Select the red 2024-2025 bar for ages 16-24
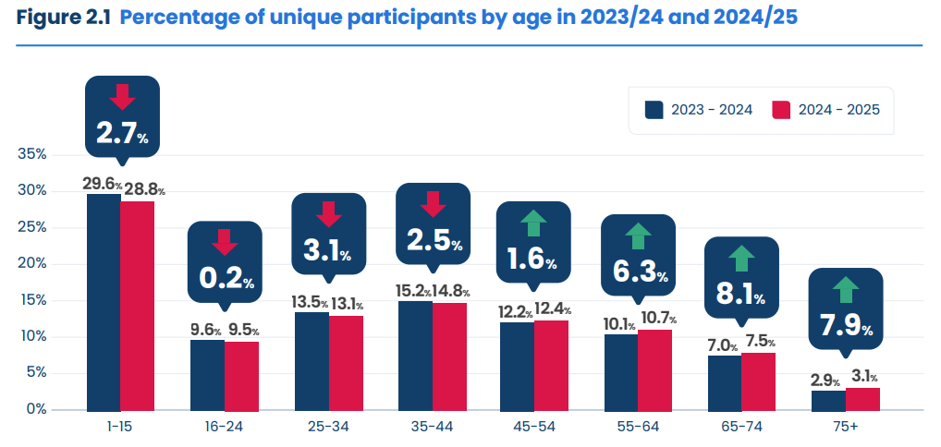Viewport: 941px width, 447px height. [241, 375]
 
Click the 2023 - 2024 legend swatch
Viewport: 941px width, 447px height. [655, 110]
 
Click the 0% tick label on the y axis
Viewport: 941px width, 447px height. [36, 409]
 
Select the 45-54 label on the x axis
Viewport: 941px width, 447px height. [534, 429]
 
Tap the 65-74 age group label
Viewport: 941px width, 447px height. [742, 429]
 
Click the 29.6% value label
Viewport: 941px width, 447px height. [102, 184]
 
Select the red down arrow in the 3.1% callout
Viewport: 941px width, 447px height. [328, 214]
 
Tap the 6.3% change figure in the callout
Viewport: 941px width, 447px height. [638, 272]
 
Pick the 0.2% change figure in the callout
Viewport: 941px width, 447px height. [224, 279]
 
